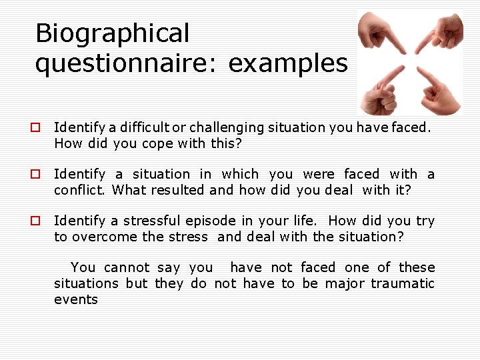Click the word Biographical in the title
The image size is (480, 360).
pos(112,33)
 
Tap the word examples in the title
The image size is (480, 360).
pos(288,64)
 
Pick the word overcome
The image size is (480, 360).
pos(99,237)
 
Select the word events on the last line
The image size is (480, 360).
pos(75,299)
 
